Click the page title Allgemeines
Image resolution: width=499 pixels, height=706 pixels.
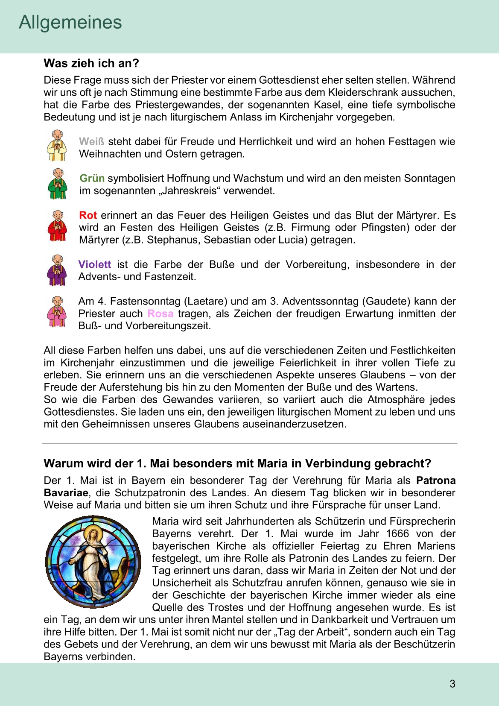pos(70,22)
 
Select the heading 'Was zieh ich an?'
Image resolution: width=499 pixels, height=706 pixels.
pos(91,63)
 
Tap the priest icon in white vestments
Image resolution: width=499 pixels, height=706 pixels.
pos(57,145)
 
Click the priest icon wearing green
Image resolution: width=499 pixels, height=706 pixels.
pos(57,184)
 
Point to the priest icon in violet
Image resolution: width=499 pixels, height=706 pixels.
pos(57,270)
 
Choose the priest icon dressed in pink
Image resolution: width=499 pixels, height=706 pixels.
pos(57,311)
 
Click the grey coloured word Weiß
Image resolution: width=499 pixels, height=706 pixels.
pos(91,142)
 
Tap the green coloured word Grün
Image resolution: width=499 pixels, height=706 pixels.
pos(92,179)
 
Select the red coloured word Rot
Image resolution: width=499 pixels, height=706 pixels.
pos(88,215)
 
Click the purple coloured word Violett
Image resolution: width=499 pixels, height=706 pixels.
pos(95,264)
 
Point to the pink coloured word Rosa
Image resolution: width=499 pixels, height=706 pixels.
pos(160,314)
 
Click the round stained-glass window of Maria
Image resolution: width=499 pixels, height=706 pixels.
pos(93,562)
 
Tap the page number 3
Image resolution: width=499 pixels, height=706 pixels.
pos(452,684)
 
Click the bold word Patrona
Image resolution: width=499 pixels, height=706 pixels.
pos(436,480)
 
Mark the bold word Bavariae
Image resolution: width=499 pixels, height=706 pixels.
pos(66,493)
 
